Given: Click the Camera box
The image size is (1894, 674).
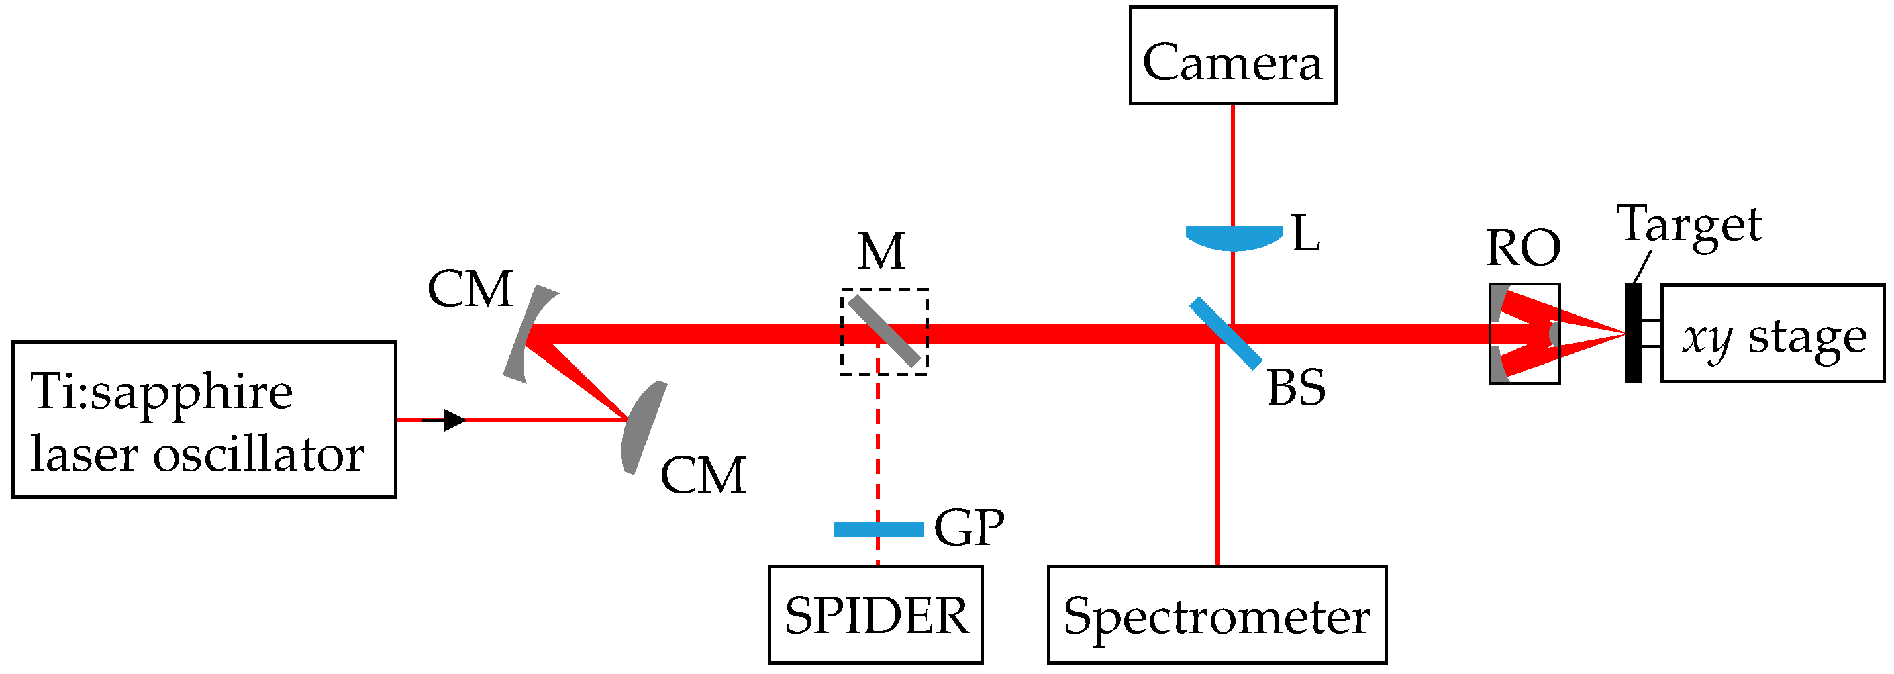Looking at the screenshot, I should [x=1232, y=56].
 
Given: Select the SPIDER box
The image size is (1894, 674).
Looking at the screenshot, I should [x=875, y=614].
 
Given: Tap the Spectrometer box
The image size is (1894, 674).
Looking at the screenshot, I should [x=1217, y=614].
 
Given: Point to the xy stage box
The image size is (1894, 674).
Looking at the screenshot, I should [x=1772, y=334].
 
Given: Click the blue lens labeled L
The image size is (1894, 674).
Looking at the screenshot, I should [x=1233, y=237].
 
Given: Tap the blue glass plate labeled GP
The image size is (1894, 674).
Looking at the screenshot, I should [x=878, y=529].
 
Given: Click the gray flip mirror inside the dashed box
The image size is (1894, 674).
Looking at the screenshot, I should [x=884, y=331].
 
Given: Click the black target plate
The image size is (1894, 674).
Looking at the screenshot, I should [x=1632, y=334].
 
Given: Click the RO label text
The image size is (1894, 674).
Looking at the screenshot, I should [x=1523, y=248].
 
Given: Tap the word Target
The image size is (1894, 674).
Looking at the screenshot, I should [x=1689, y=224].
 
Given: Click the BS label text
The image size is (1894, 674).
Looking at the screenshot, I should [x=1296, y=388].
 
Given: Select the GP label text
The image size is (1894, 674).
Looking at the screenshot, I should [x=968, y=528].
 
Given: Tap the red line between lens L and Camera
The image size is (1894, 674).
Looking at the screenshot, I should [x=1233, y=166].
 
